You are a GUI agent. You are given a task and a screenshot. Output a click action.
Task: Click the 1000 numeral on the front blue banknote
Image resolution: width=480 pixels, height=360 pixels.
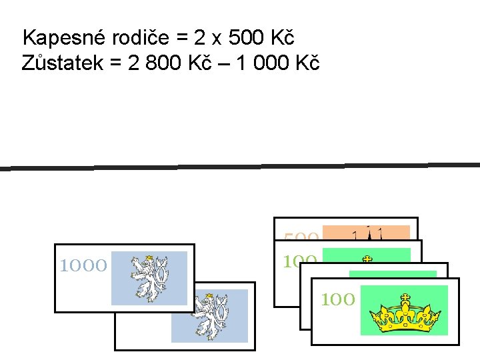click(x=83, y=267)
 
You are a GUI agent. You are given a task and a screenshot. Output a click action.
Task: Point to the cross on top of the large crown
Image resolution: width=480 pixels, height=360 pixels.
click(x=404, y=297)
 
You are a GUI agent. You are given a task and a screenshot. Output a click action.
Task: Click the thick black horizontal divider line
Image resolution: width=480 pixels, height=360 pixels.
click(x=240, y=166)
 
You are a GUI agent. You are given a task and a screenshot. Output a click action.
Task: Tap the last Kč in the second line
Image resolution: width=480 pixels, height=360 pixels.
click(x=307, y=63)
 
